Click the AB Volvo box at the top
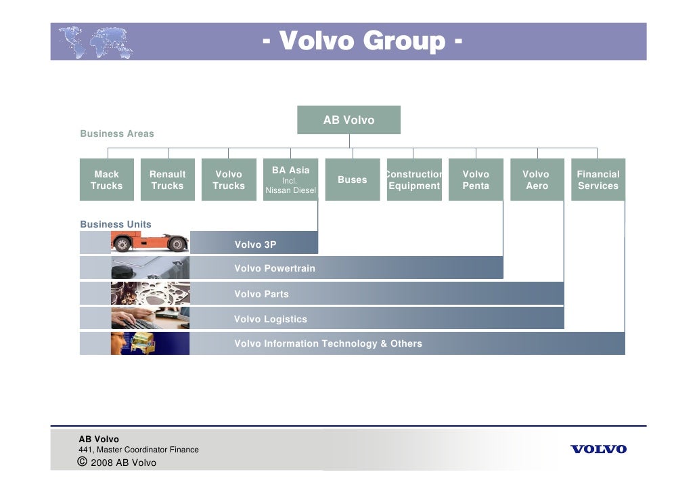coord(348,120)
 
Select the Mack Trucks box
coord(107,180)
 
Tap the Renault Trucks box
coord(168,180)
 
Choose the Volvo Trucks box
coord(229,180)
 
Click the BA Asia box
coord(290,180)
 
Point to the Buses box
coord(352,180)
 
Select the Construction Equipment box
coord(414,180)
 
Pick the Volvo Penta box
coord(476,180)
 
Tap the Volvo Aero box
coord(537,180)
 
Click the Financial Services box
coord(598,180)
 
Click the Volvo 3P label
coord(255,244)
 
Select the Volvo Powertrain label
coord(275,269)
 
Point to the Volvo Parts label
coord(261,294)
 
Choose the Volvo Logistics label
coord(271,319)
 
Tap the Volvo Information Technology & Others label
coord(328,344)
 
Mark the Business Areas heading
coord(117,134)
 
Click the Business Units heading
coord(116,224)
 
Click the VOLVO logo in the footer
coord(599,449)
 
